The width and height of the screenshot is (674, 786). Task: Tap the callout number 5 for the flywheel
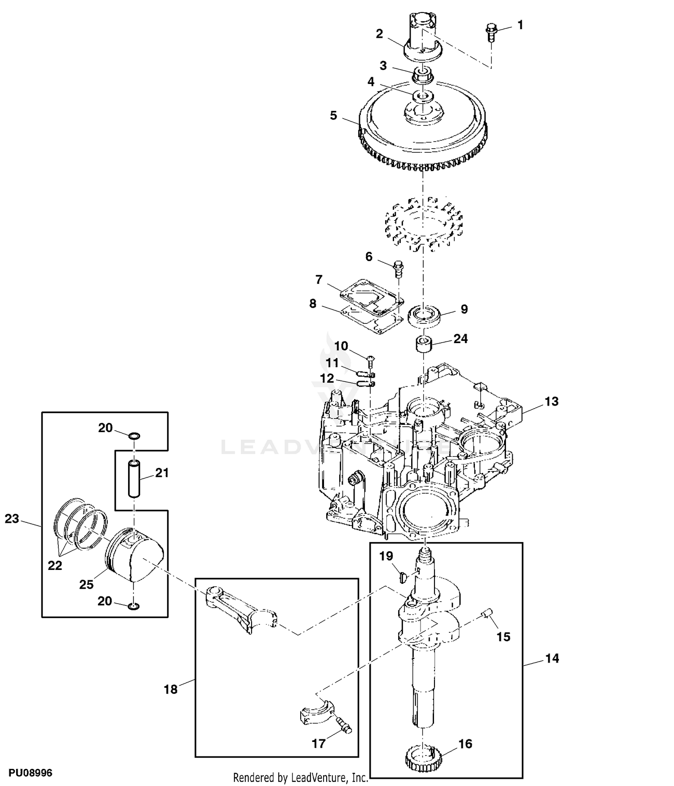(333, 115)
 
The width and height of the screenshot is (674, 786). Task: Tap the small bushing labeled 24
(423, 344)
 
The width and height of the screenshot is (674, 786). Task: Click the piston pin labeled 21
(134, 477)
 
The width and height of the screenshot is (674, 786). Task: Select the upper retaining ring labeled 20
(134, 436)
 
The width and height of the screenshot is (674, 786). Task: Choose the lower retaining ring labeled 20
(133, 607)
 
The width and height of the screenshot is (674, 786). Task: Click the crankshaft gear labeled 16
(424, 759)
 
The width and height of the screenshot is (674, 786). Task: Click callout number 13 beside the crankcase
(551, 401)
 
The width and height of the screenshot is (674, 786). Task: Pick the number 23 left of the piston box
(12, 519)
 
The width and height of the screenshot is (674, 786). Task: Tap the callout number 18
(171, 689)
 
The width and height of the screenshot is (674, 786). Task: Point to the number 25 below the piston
(87, 584)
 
